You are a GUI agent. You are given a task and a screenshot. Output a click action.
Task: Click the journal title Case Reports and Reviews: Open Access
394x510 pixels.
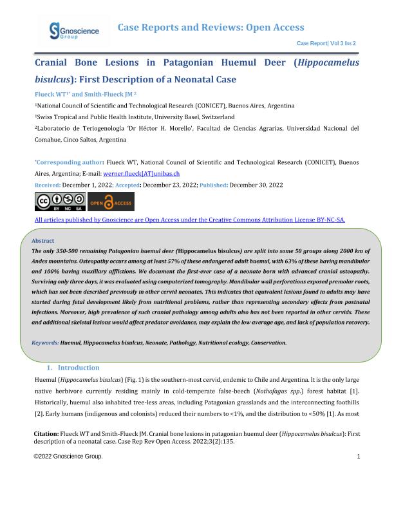click(211, 27)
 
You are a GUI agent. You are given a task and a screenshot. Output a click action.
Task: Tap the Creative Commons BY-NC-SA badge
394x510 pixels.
click(51, 202)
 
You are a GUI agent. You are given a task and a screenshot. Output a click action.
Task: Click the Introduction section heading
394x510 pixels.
click(83, 368)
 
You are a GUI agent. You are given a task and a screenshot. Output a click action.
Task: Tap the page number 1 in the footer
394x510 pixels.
click(358, 457)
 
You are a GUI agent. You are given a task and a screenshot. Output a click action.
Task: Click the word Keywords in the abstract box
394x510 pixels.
click(45, 343)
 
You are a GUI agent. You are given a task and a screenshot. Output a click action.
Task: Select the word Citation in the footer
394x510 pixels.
click(46, 435)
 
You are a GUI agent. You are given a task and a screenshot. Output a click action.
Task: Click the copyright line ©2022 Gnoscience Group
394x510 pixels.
click(68, 457)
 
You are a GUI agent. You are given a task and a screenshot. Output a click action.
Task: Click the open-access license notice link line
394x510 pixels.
click(190, 220)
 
